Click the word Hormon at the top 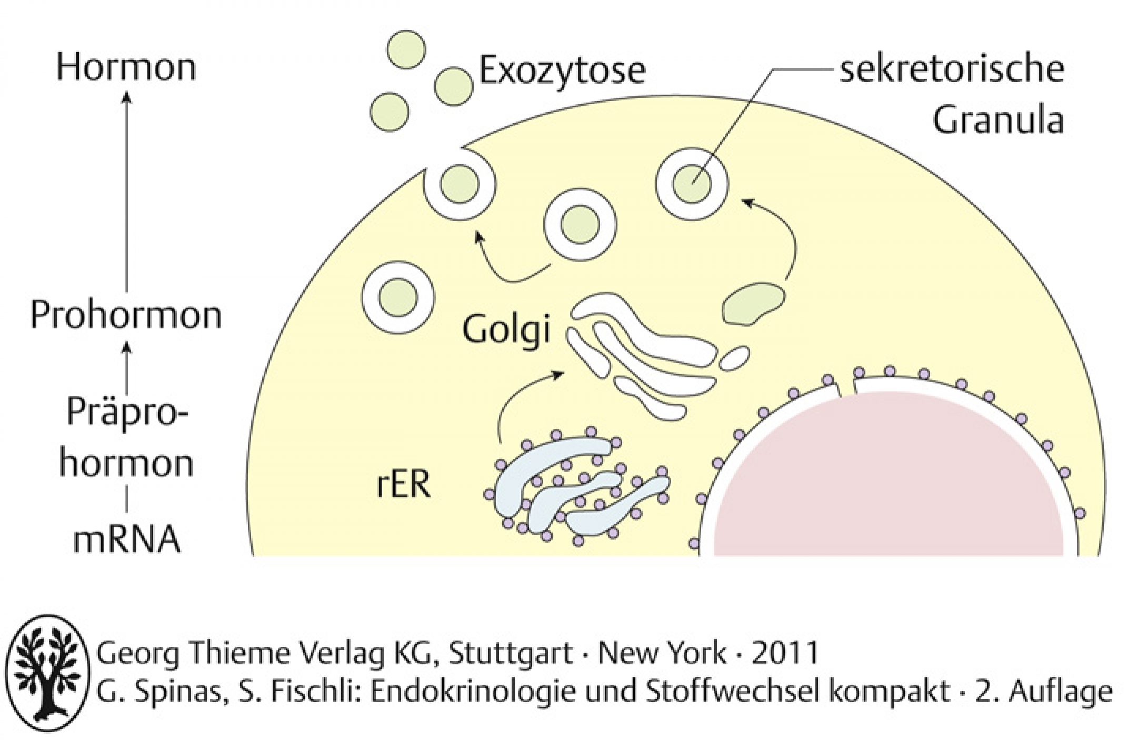click(x=126, y=68)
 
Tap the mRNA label click(x=127, y=541)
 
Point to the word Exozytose click(x=562, y=71)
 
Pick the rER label click(x=404, y=484)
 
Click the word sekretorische click(x=952, y=69)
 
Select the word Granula click(x=999, y=121)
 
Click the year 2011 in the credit click(x=785, y=653)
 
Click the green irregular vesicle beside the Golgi click(x=753, y=304)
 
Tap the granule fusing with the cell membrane click(x=460, y=183)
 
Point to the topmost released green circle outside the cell click(x=406, y=49)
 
